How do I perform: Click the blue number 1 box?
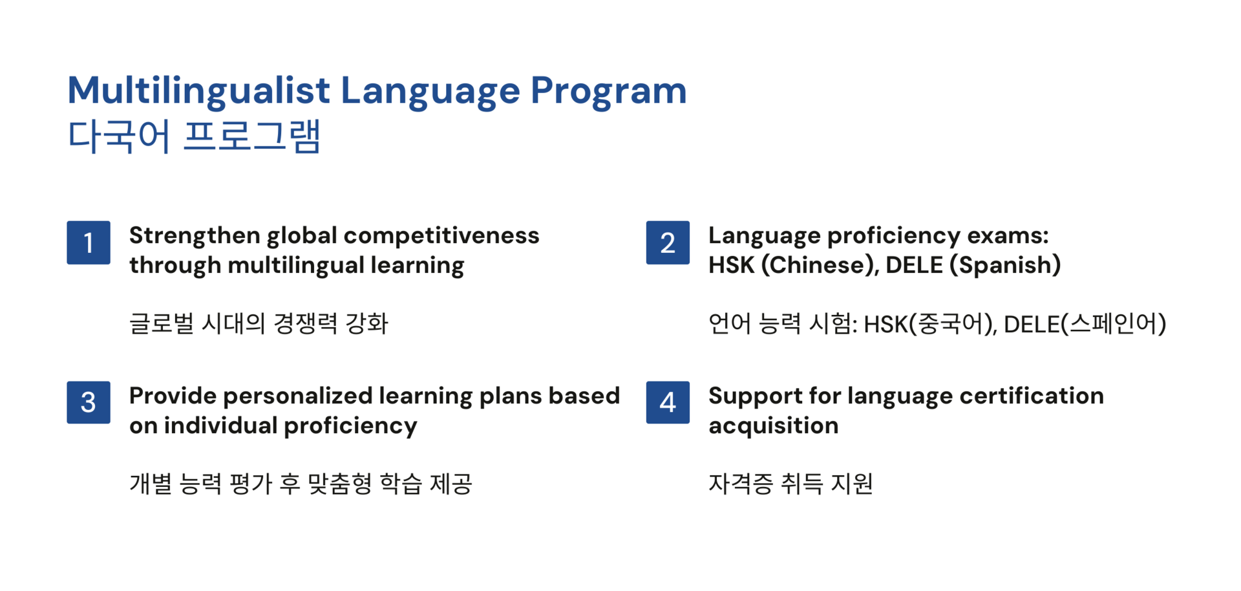click(x=89, y=242)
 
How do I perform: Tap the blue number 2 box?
click(x=668, y=242)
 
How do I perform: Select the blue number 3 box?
click(x=89, y=402)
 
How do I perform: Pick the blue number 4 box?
click(x=668, y=402)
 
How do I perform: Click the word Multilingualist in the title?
click(x=199, y=91)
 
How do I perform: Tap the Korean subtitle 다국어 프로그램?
click(x=194, y=136)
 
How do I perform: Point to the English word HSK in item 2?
click(x=732, y=265)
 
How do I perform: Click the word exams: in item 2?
click(x=1008, y=236)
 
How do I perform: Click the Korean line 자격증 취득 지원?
click(x=790, y=484)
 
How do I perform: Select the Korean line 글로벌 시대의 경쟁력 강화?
click(x=259, y=323)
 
